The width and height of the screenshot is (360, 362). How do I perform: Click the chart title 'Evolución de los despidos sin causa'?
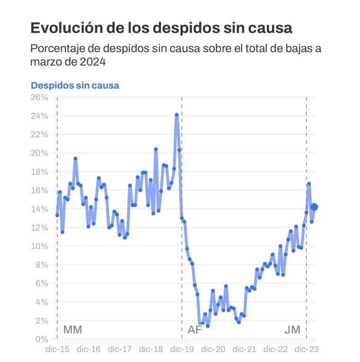[161, 28]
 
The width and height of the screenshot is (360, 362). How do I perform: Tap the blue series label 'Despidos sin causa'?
[75, 85]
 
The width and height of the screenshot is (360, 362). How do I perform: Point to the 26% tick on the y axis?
[40, 97]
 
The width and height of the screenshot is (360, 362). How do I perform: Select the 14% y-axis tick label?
[40, 209]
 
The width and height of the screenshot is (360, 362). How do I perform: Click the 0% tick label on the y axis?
[42, 339]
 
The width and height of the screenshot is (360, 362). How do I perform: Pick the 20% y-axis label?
[40, 153]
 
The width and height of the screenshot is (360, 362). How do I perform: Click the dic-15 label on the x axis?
[57, 349]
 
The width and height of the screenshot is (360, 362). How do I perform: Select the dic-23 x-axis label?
[306, 349]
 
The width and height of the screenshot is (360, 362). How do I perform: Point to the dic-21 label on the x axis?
[244, 349]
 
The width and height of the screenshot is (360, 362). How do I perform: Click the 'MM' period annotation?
[72, 330]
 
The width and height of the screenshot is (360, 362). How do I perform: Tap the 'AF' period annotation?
[195, 330]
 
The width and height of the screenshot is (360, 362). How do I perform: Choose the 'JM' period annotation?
[292, 330]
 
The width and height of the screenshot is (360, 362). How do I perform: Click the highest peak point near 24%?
[176, 115]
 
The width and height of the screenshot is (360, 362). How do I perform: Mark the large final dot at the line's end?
[314, 207]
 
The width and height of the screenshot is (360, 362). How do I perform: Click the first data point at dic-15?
[57, 215]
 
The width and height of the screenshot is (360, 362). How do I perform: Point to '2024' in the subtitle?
[92, 62]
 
